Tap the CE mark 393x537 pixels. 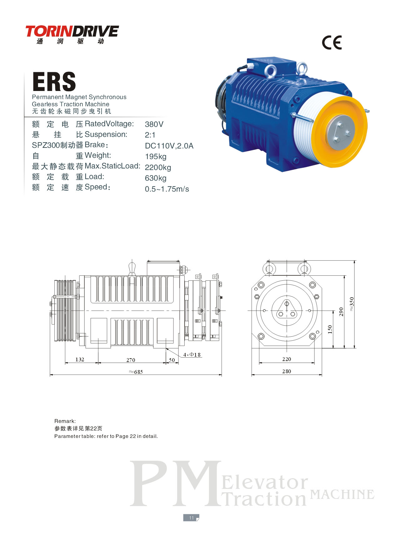[332, 43]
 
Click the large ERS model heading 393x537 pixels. [54, 82]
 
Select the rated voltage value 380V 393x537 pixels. [154, 124]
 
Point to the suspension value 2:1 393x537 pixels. [150, 135]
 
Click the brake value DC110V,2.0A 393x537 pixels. [169, 146]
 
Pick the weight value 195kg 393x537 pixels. [156, 157]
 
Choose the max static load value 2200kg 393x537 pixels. [158, 167]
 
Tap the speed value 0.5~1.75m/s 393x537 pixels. [167, 189]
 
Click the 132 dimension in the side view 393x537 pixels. [80, 359]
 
